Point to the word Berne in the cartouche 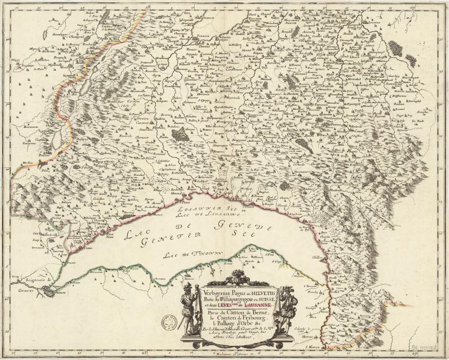coord(258,313)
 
